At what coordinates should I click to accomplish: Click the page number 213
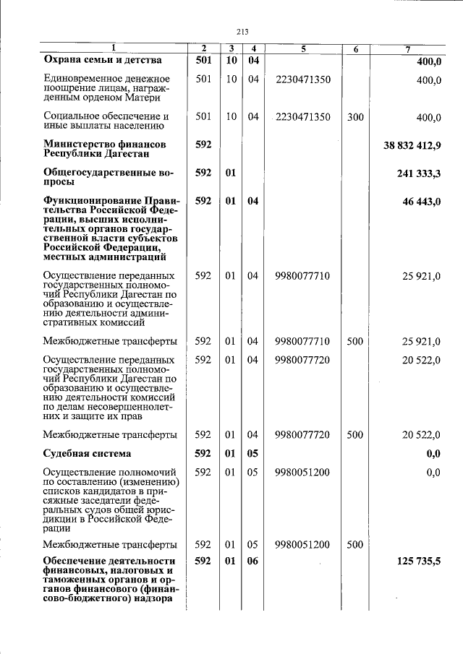242,30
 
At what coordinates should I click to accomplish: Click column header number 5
303,48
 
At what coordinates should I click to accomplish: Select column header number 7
409,48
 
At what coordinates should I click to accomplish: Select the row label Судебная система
87,454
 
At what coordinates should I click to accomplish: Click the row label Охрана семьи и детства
102,61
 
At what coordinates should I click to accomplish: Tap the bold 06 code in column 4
252,562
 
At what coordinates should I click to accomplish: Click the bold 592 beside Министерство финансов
203,145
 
